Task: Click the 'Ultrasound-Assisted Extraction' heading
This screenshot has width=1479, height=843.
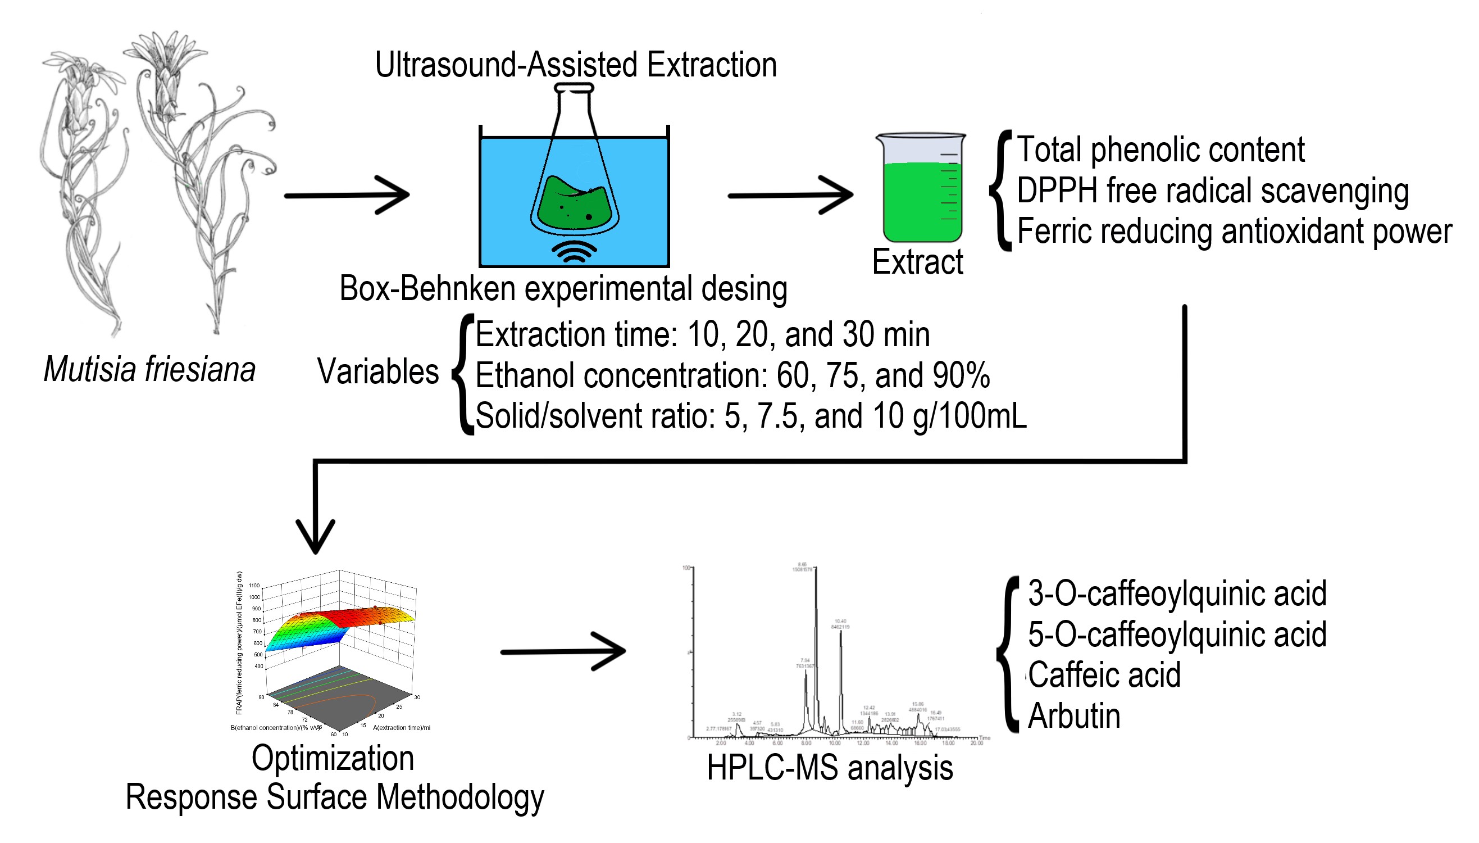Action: pyautogui.click(x=575, y=64)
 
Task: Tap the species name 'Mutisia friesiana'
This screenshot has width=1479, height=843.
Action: pyautogui.click(x=149, y=369)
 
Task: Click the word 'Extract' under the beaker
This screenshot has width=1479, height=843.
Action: pyautogui.click(x=917, y=262)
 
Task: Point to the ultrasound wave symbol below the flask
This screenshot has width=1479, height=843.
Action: pyautogui.click(x=574, y=252)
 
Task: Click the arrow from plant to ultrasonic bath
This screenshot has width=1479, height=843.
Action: pyautogui.click(x=347, y=195)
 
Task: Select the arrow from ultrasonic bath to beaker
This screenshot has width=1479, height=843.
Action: pyautogui.click(x=790, y=195)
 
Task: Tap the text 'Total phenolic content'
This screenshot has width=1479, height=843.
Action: pyautogui.click(x=1160, y=149)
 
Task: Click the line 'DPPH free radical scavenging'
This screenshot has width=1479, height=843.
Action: pyautogui.click(x=1212, y=191)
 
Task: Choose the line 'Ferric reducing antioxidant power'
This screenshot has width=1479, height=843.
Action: pyautogui.click(x=1234, y=231)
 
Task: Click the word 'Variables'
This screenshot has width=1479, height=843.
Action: pyautogui.click(x=378, y=371)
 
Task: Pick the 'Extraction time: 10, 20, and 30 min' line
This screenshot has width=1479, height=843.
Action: pyautogui.click(x=702, y=334)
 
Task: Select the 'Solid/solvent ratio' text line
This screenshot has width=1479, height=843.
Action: pyautogui.click(x=750, y=416)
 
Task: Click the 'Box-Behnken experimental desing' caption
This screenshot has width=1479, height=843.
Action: pyautogui.click(x=563, y=288)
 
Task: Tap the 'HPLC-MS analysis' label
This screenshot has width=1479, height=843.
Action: pyautogui.click(x=830, y=768)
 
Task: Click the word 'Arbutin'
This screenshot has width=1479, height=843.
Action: pyautogui.click(x=1074, y=715)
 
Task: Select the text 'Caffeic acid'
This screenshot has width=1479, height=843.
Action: pyautogui.click(x=1104, y=675)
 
